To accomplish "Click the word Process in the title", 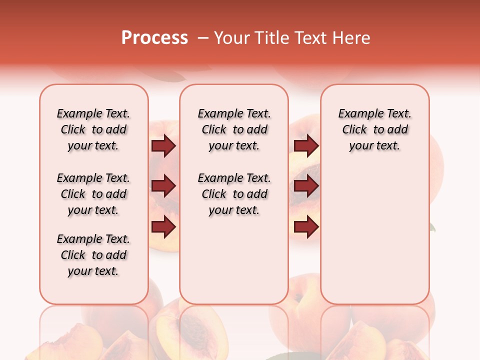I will tap(154, 38).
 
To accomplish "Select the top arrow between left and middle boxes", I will tap(163, 145).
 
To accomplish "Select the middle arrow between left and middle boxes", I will tap(163, 186).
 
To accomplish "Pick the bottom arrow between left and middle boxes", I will tap(163, 227).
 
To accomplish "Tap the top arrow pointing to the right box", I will tap(306, 145).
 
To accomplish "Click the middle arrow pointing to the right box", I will tap(306, 186).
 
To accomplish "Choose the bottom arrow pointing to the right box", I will tap(306, 227).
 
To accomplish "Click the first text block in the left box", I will tap(93, 129).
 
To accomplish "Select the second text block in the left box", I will tap(93, 194).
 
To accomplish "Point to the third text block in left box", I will tap(93, 255).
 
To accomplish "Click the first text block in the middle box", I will tap(234, 129).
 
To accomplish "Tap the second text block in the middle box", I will tap(234, 194).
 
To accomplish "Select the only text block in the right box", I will tap(374, 129).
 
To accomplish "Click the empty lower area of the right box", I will tap(374, 240).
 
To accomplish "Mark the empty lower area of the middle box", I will tap(234, 260).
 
